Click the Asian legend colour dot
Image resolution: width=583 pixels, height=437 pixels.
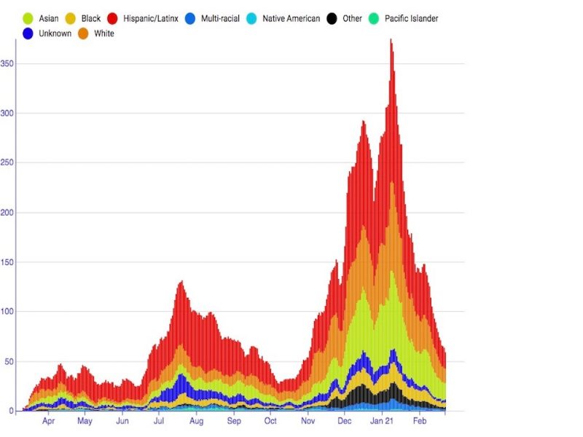click(x=28, y=18)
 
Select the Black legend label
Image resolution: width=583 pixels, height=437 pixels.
click(x=91, y=18)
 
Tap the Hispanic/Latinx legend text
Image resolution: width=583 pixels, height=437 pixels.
click(x=151, y=18)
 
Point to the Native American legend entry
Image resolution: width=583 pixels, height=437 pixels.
click(x=291, y=18)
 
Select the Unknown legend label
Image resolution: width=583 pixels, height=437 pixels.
click(x=55, y=34)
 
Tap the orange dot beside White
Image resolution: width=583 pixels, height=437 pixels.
click(x=84, y=34)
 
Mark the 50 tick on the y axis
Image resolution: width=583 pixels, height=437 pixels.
click(x=9, y=361)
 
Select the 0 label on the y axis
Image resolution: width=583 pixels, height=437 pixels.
click(x=11, y=411)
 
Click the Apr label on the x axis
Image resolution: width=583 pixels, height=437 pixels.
click(x=48, y=421)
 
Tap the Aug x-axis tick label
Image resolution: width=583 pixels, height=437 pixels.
click(x=196, y=421)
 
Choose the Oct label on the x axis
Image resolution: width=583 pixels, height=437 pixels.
click(x=270, y=421)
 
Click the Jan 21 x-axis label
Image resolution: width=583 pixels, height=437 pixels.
click(x=382, y=421)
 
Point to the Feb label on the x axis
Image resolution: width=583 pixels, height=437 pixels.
click(x=420, y=421)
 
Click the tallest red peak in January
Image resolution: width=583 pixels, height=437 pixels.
click(x=391, y=41)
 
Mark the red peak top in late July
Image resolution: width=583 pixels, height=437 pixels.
click(x=181, y=282)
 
